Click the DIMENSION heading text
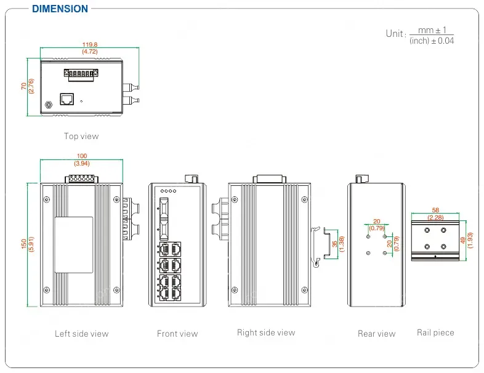point(60,9)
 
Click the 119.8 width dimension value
point(90,44)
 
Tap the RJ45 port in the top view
point(67,98)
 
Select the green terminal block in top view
point(81,74)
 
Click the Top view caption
point(81,136)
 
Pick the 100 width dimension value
point(81,156)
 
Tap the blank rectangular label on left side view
point(74,245)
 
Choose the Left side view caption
point(81,334)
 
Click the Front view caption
point(177,334)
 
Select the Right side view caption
point(266,332)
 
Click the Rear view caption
point(376,334)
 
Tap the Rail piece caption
point(435,332)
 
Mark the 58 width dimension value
point(435,210)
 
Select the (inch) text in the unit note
point(419,41)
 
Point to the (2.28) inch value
point(435,217)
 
